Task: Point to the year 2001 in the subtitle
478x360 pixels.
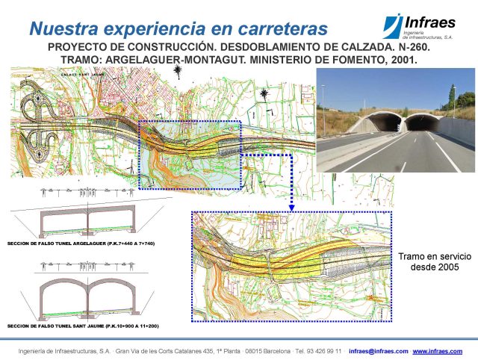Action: (x=400, y=60)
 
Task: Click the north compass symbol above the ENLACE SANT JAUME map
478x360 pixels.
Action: (x=177, y=72)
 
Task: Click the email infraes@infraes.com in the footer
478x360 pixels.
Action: (x=378, y=351)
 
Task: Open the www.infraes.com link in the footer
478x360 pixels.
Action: (x=443, y=351)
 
